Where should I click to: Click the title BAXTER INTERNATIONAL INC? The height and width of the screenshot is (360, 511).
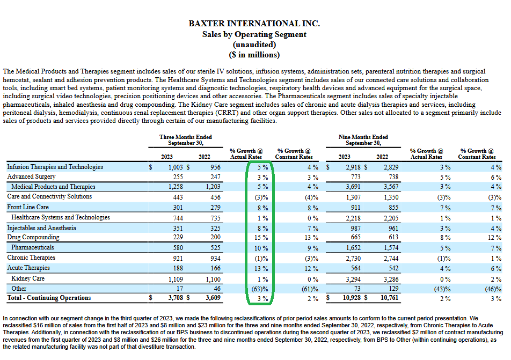[254, 24]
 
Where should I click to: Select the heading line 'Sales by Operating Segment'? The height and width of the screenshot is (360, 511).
[254, 34]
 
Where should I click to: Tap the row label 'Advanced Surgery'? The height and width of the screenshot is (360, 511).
[31, 177]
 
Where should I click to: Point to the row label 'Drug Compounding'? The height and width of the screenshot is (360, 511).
[33, 237]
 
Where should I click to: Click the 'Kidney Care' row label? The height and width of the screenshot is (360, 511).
[28, 278]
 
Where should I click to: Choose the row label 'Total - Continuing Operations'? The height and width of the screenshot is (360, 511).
[49, 298]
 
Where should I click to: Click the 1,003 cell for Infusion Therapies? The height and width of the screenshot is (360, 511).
[176, 167]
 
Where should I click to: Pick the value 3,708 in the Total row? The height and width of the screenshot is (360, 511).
[176, 297]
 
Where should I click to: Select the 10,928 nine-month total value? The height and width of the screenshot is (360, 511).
[351, 297]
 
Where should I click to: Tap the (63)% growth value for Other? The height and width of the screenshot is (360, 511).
[260, 289]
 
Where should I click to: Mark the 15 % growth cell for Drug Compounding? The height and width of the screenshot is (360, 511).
[261, 238]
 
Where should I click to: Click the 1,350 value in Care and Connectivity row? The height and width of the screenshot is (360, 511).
[391, 197]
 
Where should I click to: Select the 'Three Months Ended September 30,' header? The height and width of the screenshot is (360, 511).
[185, 140]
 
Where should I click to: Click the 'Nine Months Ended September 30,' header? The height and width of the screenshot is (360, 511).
[363, 140]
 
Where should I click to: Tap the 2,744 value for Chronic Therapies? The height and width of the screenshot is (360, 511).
[391, 259]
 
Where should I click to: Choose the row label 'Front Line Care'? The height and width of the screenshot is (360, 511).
[28, 207]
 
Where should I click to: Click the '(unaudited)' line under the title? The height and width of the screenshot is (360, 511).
[254, 45]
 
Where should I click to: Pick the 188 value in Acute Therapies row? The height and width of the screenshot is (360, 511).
[178, 268]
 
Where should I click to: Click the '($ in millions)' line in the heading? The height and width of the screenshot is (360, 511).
[254, 55]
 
